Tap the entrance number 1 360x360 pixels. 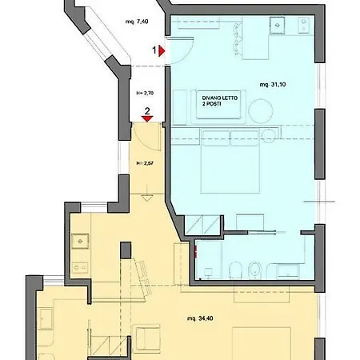pos(154,49)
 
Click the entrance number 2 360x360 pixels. pos(146,110)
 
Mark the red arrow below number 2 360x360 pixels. pos(146,119)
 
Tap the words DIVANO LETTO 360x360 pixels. pos(218,97)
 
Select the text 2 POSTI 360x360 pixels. pos(214,105)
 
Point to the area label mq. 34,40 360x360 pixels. pos(200,318)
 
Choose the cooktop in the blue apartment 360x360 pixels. pos(301,27)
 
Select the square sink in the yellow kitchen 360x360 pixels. pos(82,239)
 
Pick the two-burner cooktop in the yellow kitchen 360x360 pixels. pos(78,267)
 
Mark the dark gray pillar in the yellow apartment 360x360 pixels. pos(126,250)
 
